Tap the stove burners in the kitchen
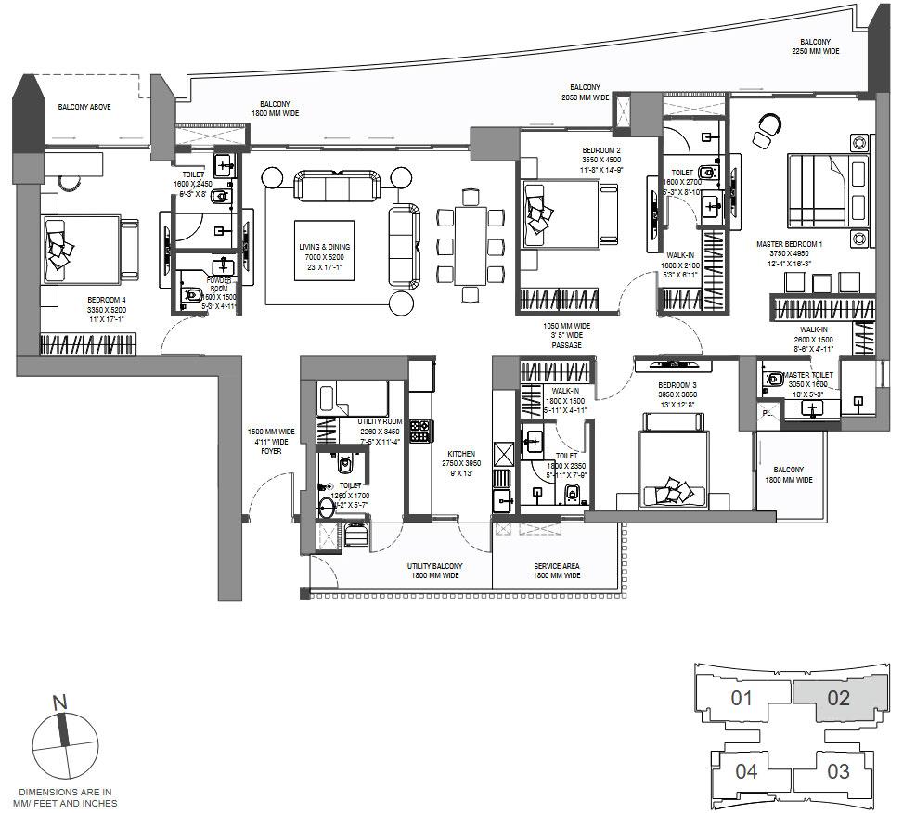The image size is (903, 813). point(419,431)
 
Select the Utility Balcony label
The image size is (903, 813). point(434,570)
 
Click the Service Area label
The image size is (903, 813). point(557,570)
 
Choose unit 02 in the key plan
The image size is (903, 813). point(838,698)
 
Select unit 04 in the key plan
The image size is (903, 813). point(746,770)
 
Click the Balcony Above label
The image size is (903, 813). point(84,107)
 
